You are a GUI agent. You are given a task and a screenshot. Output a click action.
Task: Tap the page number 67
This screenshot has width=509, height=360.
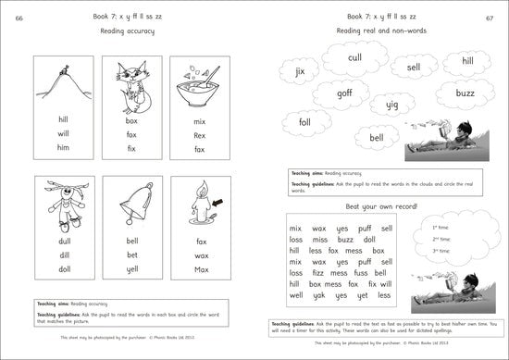[490, 18]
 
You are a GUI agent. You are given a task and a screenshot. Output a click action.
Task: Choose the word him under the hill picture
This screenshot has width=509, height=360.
[62, 148]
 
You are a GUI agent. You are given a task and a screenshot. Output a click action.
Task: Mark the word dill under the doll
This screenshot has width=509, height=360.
[62, 255]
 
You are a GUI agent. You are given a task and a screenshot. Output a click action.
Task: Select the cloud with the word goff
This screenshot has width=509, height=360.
[343, 93]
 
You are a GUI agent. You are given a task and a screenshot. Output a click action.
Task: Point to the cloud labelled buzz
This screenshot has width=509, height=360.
[464, 93]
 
